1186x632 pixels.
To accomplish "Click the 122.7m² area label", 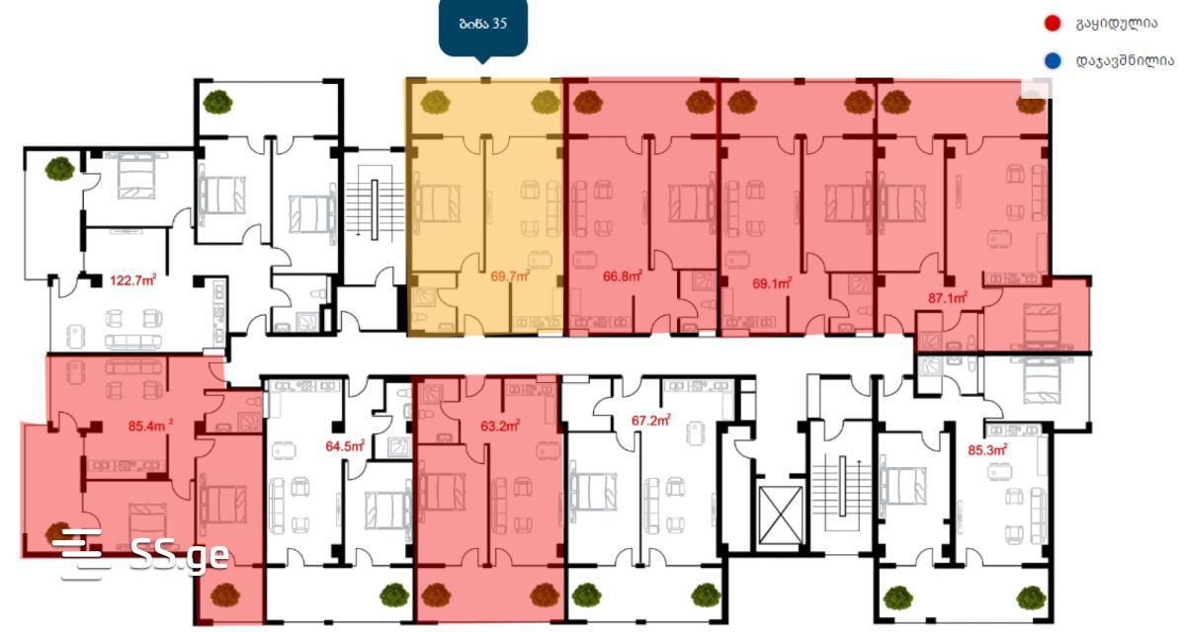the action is point(132,279).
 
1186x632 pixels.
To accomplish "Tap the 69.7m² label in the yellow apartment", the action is point(510,276).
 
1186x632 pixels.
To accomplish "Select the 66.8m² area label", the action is point(623,276).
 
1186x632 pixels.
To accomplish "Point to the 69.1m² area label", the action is point(773,283).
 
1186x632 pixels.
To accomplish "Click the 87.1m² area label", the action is point(948,298).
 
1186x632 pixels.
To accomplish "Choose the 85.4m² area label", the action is point(151,426).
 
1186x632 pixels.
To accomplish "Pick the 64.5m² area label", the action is point(345,446).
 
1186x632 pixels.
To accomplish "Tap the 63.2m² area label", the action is point(500,426).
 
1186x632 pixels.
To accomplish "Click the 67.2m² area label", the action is point(651,421).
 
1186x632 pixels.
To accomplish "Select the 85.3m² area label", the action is point(988,450).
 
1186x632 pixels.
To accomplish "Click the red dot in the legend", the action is point(1052,24).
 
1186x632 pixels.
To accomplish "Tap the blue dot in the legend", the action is point(1053,61).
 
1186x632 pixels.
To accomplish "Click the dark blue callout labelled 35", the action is point(483,28).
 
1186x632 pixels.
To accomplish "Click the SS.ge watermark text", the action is point(180,554).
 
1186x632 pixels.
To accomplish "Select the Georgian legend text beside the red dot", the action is point(1117,24).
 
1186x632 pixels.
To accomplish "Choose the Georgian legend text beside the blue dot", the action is point(1125,61).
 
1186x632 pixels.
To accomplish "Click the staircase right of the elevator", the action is point(842,487).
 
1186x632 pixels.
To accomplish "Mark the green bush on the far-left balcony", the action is point(60,169).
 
